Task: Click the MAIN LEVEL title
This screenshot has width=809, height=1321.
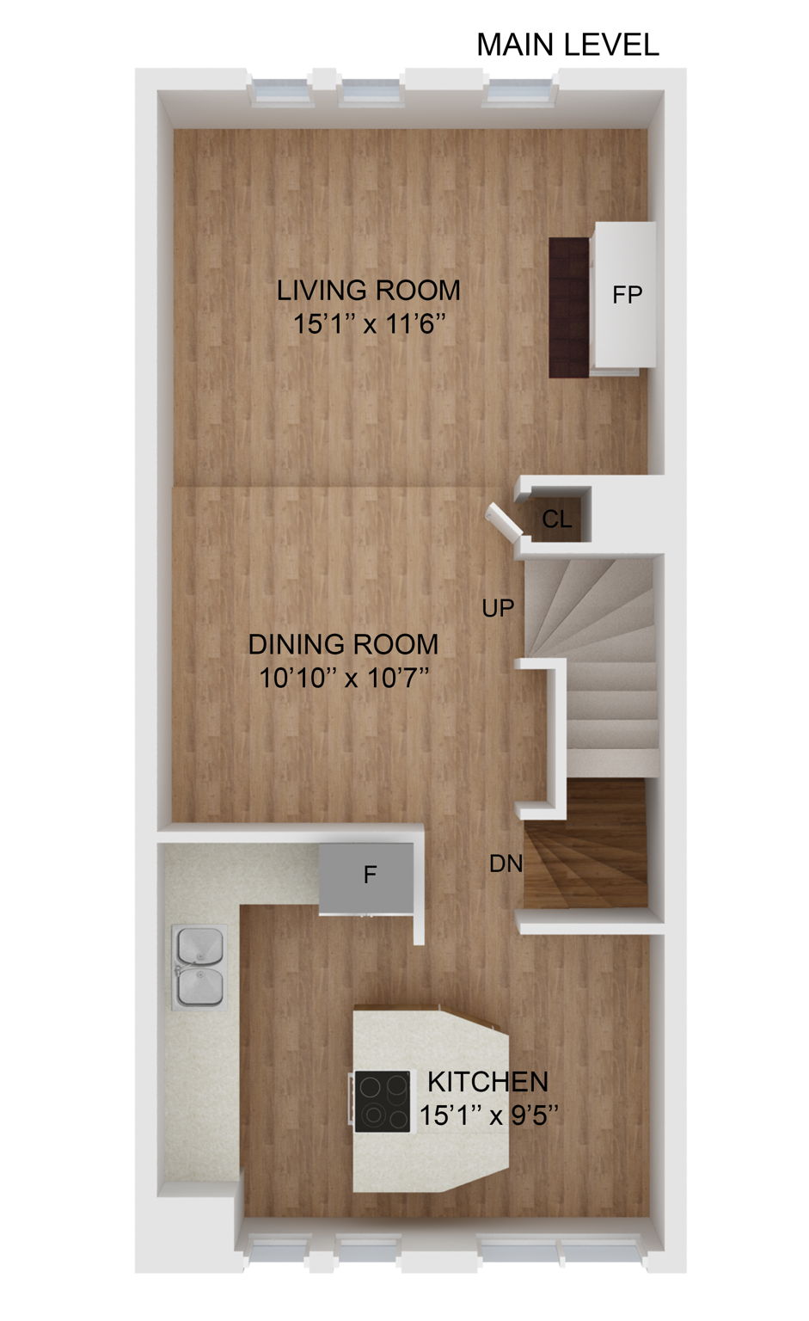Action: [567, 45]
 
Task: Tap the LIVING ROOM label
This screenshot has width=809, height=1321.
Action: [368, 291]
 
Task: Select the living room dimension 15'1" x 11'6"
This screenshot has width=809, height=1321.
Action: [368, 325]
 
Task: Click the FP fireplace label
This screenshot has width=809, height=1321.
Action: [627, 295]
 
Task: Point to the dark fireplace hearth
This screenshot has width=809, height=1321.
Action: [569, 307]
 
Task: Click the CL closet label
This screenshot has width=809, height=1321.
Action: [556, 519]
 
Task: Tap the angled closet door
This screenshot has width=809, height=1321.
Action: [504, 523]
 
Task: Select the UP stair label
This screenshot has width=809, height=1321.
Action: [498, 608]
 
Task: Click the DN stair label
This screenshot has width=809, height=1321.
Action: [506, 863]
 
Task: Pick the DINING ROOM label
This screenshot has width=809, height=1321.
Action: [343, 644]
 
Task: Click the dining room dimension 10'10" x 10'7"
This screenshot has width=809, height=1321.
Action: [344, 679]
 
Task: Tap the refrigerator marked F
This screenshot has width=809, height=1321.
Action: [370, 876]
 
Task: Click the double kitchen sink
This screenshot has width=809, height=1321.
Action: [199, 966]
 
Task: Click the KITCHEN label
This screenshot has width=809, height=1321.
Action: [487, 1081]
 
